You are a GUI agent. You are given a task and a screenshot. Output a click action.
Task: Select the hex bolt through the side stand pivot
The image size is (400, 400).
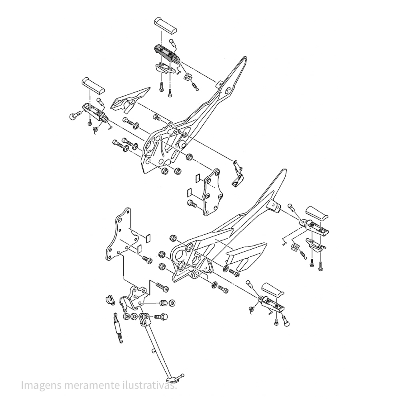coord(161,317)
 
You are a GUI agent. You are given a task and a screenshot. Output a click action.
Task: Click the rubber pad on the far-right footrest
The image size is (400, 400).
coord(316,213)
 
